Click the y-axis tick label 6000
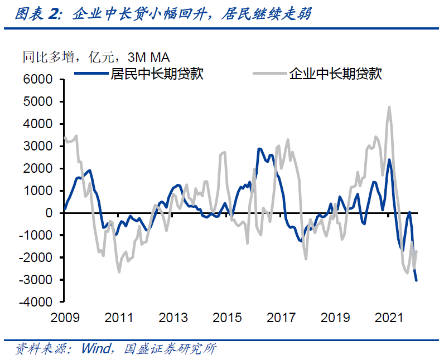point(39,80)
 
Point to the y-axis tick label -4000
point(37,302)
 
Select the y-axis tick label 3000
point(39,146)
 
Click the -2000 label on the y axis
point(37,257)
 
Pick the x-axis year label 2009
point(64,318)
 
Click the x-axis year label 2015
point(227,318)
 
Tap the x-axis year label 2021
point(389,318)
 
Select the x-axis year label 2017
point(281,318)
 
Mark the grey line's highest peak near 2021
point(389,106)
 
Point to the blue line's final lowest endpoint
point(416,280)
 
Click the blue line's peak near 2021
point(389,160)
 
